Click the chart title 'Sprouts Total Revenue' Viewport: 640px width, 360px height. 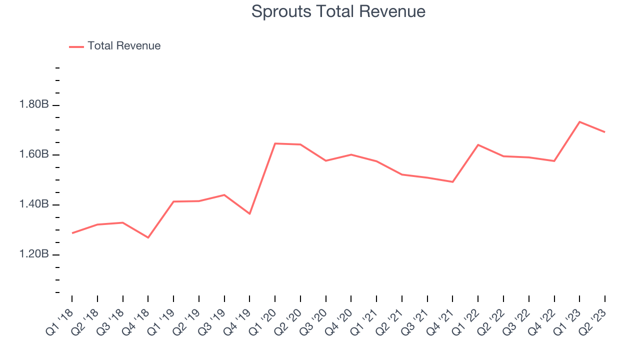338,11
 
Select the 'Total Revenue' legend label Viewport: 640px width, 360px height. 124,46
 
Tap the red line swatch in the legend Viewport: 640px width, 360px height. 76,46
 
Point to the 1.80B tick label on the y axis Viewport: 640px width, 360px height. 34,105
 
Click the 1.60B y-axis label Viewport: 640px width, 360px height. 34,154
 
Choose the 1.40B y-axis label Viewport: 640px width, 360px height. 34,204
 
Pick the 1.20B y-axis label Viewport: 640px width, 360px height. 34,254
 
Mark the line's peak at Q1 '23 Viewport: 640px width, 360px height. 579,121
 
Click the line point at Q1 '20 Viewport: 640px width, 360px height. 275,143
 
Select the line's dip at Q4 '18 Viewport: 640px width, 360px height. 148,237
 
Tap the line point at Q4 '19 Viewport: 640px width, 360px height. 249,214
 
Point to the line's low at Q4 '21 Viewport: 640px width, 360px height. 452,182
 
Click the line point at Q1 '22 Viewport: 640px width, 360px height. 478,145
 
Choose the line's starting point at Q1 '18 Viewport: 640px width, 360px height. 72,233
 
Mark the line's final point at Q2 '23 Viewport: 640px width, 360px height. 605,132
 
